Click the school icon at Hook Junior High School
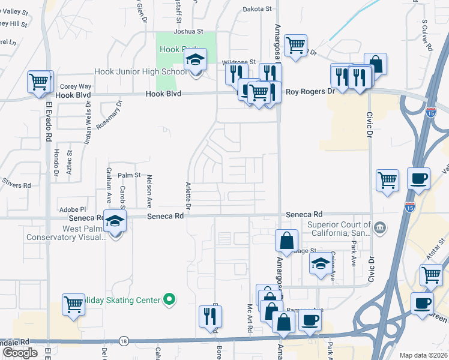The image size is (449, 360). coord(196,61)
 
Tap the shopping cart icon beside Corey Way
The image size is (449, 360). coord(40,82)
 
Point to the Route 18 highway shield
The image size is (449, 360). coord(123,340)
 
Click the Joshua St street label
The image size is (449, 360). coord(188,31)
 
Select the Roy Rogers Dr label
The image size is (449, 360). coord(310,92)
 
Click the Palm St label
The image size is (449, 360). coord(128,176)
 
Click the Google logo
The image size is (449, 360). coord(20,353)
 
